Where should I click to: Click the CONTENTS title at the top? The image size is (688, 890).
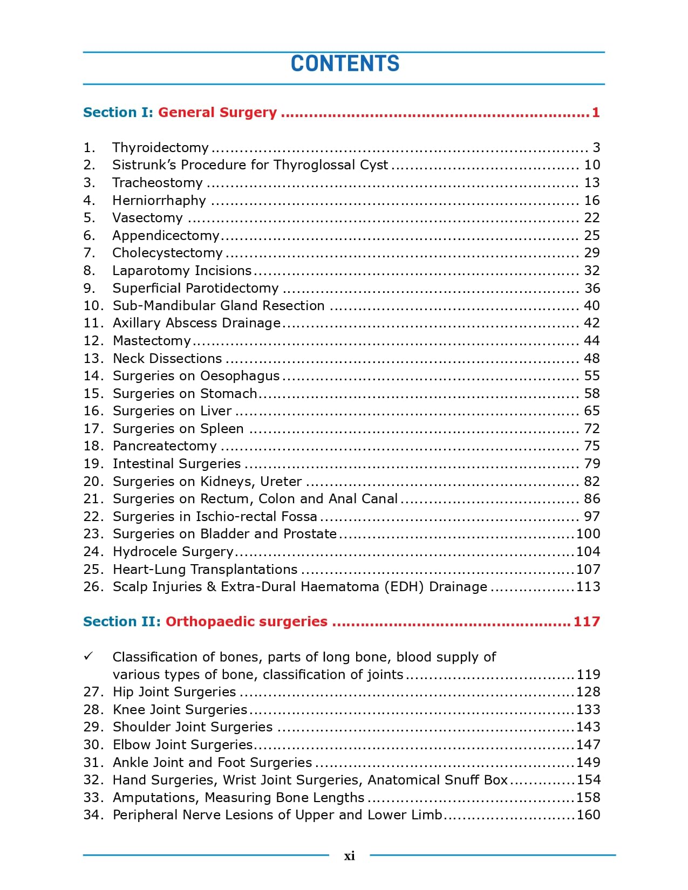345,64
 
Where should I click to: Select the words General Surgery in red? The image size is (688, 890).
217,112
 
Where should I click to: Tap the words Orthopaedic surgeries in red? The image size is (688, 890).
246,621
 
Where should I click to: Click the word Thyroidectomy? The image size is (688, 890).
160,147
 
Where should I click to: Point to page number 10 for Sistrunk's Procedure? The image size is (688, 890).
592,165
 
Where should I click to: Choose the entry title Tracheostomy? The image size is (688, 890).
157,183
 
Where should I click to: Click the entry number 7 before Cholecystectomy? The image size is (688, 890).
89,253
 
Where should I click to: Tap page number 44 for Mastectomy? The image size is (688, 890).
592,341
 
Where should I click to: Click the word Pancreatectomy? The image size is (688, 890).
165,446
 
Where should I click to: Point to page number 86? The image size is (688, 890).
592,499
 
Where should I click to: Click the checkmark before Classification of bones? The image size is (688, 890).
88,656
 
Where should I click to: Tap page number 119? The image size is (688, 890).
588,675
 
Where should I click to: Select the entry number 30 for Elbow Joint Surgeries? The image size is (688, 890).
93,745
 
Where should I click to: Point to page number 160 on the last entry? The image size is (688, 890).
588,815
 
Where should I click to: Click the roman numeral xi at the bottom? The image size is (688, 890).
349,855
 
